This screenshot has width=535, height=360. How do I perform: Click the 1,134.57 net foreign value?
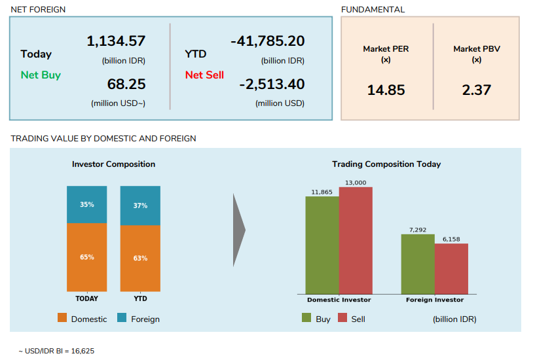tap(116, 41)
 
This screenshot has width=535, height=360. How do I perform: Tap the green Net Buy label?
tap(41, 75)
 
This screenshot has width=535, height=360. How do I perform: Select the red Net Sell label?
tap(204, 75)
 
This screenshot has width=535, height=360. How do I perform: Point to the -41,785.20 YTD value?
tap(268, 41)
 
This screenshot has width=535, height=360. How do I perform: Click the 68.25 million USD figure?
tap(126, 84)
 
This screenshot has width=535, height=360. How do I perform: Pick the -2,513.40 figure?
tap(272, 84)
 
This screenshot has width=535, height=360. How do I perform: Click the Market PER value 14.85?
tap(386, 90)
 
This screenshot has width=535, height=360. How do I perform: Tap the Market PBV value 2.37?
tap(476, 90)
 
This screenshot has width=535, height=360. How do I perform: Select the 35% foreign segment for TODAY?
tap(86, 204)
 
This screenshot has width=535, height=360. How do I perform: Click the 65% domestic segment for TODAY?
tap(86, 257)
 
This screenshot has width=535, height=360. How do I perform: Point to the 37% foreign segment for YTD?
tap(140, 206)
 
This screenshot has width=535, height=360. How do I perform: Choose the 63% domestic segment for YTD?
tap(140, 259)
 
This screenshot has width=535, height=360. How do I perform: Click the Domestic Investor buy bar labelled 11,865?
tap(322, 245)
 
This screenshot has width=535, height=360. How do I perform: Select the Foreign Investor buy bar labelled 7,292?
tap(418, 264)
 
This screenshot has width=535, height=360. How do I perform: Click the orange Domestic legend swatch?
tap(62, 318)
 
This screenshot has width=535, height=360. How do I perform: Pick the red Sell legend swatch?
tap(342, 318)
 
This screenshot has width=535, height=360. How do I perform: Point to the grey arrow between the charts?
tap(239, 230)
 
